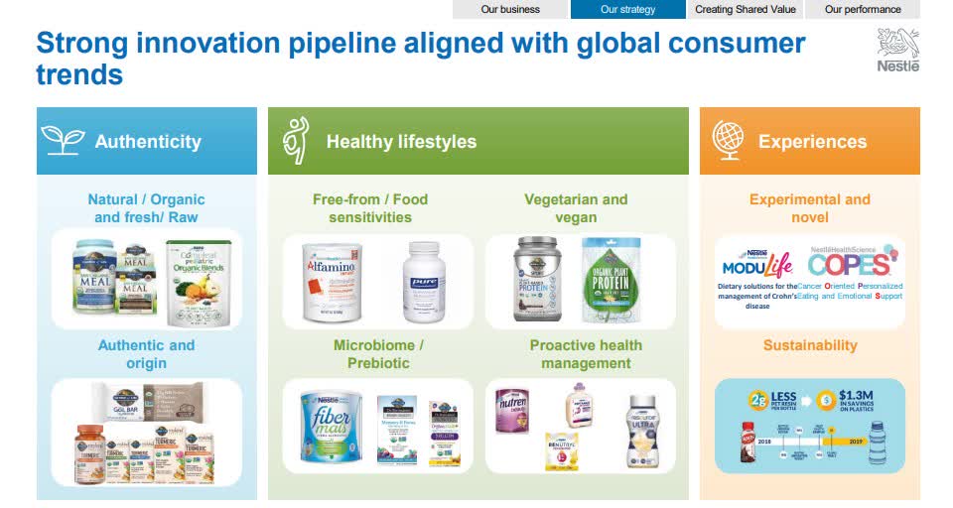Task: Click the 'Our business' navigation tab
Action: coord(510,9)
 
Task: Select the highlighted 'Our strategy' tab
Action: coord(627,9)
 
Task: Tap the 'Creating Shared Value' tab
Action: coord(745,9)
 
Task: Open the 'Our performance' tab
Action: coord(862,9)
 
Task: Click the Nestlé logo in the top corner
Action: coord(897,50)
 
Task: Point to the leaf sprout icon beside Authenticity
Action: coord(63,141)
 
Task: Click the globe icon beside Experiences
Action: coord(728,141)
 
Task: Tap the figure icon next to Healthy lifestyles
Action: coord(296,141)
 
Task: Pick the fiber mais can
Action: coord(331,427)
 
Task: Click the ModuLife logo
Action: coord(757,264)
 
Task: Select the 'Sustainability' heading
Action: coord(809,345)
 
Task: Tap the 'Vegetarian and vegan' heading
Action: coord(576,207)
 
